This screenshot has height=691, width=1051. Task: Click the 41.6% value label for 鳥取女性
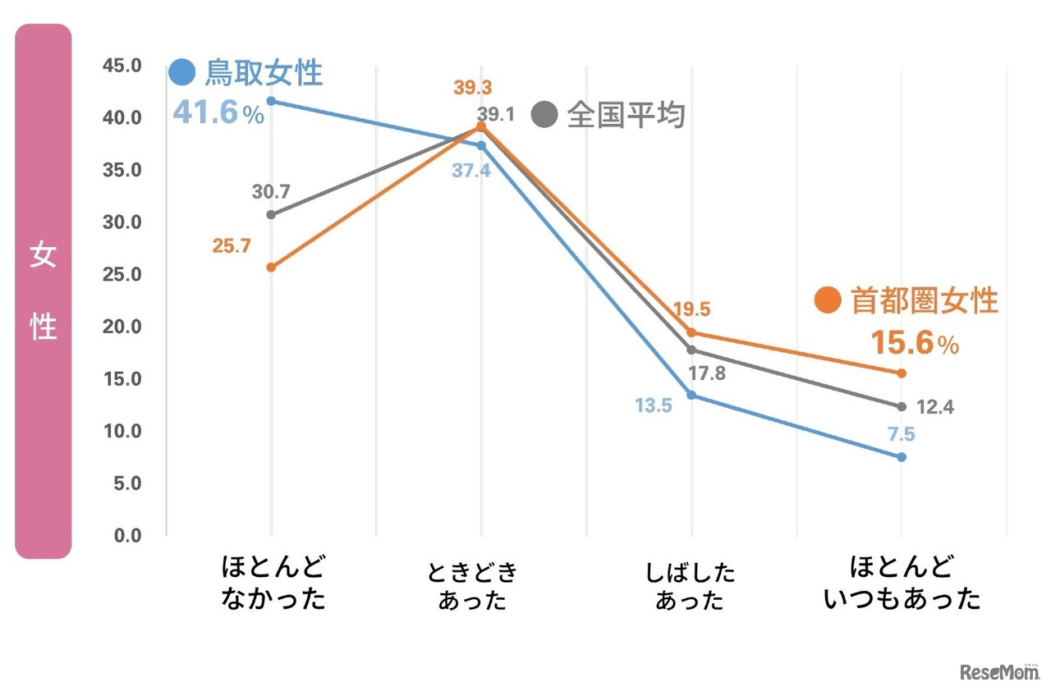click(218, 112)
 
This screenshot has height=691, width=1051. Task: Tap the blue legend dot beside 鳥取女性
click(181, 73)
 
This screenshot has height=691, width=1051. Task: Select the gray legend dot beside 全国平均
click(544, 115)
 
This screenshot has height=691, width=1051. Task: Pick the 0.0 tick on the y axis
click(126, 535)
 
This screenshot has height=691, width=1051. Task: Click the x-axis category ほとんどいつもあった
click(902, 583)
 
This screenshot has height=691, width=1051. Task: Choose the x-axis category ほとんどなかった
click(273, 583)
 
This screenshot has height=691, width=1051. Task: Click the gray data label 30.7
click(271, 192)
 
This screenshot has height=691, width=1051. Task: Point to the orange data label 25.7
click(231, 246)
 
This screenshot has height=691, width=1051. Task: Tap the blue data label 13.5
click(653, 405)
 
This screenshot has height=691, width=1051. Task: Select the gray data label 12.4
click(934, 406)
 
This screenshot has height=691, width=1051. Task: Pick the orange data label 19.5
click(691, 309)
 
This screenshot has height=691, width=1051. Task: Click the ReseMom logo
click(997, 672)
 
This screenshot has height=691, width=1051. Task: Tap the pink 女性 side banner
click(44, 291)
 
